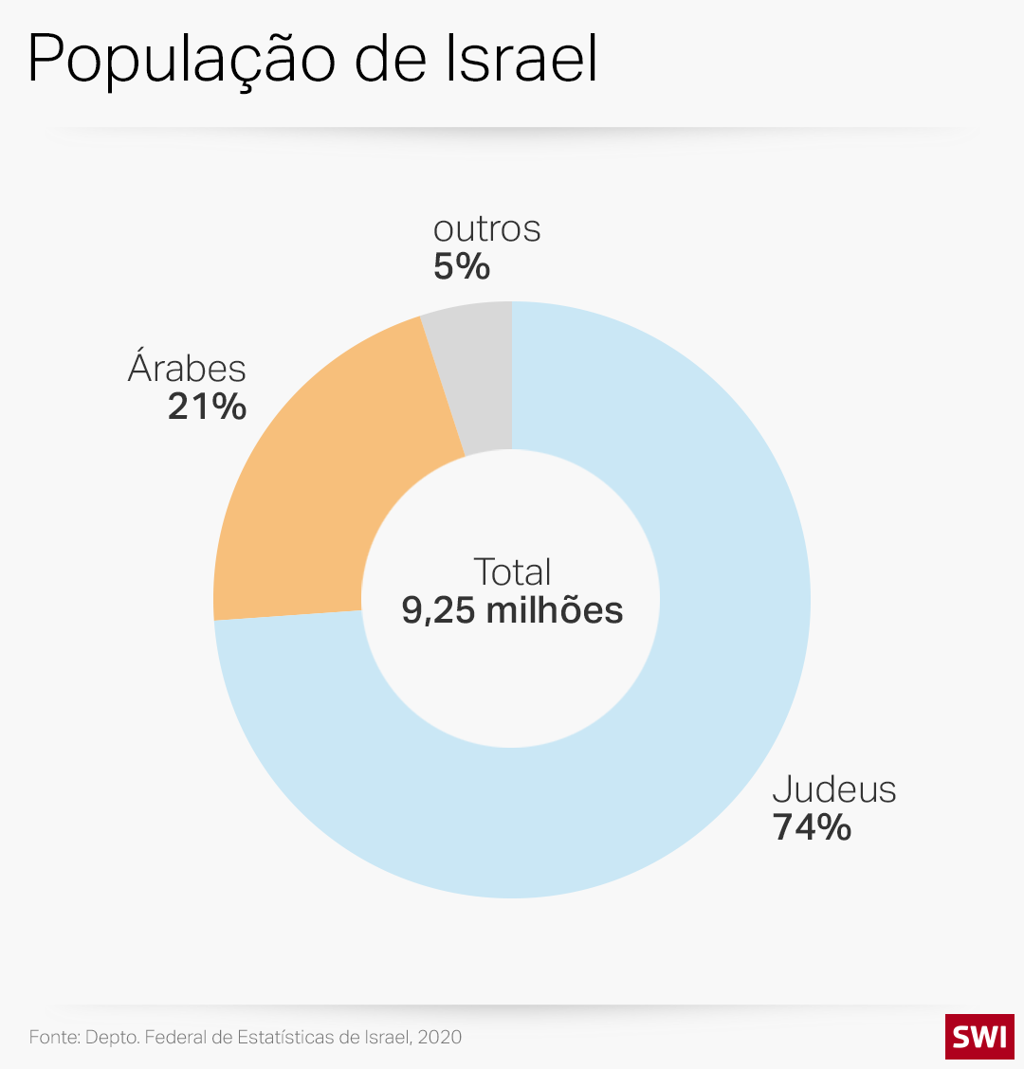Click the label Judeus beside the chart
[x=834, y=789]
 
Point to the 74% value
[x=813, y=827]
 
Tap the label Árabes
[x=187, y=368]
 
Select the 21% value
[x=207, y=407]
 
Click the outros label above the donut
[x=486, y=229]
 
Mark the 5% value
[x=462, y=267]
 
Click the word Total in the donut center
[x=512, y=571]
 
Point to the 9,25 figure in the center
[x=438, y=610]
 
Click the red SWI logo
[x=979, y=1036]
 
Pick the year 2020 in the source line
[x=440, y=1037]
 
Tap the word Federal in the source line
[x=176, y=1037]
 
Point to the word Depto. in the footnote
[x=112, y=1037]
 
